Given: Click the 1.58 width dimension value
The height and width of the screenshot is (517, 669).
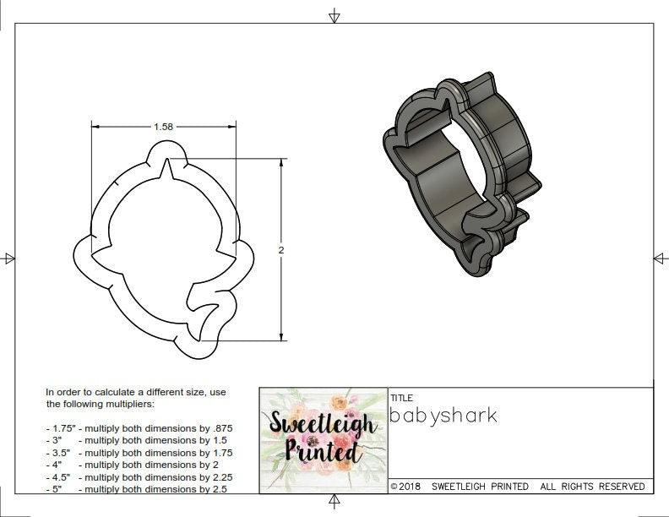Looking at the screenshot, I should (x=164, y=127).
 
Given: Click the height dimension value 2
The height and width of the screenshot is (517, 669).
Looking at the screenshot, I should (x=281, y=250).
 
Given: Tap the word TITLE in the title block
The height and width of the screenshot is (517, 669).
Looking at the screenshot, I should (x=401, y=397).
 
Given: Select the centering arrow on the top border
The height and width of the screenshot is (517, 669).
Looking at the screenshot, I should (x=334, y=15).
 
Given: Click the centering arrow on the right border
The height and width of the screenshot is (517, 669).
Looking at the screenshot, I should (x=660, y=258).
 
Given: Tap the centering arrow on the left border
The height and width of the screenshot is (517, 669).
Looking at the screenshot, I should (x=9, y=258).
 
